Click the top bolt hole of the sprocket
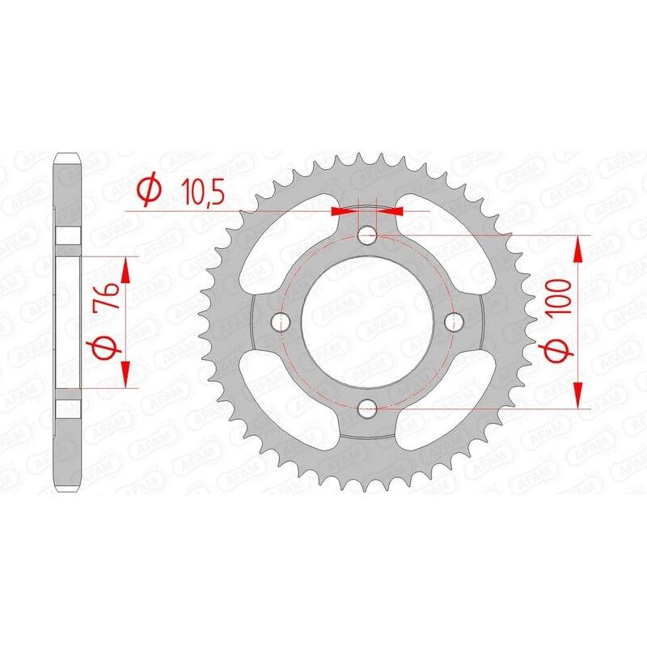pyautogui.click(x=367, y=236)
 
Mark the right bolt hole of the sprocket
pyautogui.click(x=454, y=322)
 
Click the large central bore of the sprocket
pyautogui.click(x=367, y=322)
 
